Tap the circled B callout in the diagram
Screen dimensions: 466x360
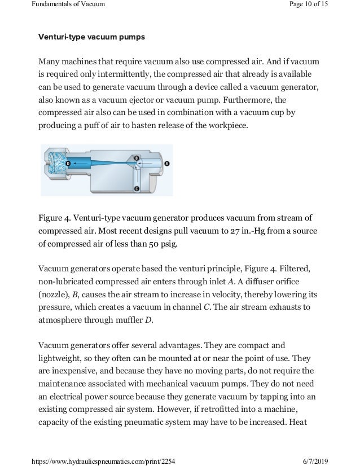tap(137, 157)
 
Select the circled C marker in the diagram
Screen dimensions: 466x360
tap(137, 188)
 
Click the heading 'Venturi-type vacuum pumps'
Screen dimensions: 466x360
tap(91, 38)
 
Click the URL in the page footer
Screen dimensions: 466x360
tap(91, 460)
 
